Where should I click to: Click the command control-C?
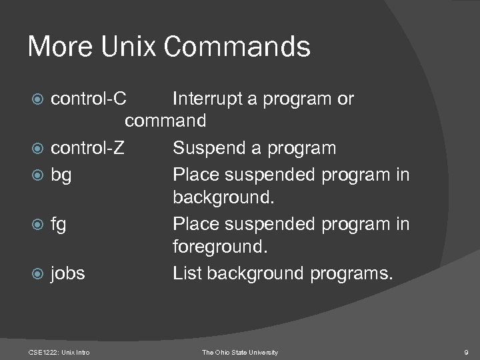coord(88,99)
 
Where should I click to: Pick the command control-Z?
coord(87,147)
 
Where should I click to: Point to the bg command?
coord(62,175)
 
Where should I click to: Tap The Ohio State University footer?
coord(240,351)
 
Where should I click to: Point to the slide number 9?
coord(465,351)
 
